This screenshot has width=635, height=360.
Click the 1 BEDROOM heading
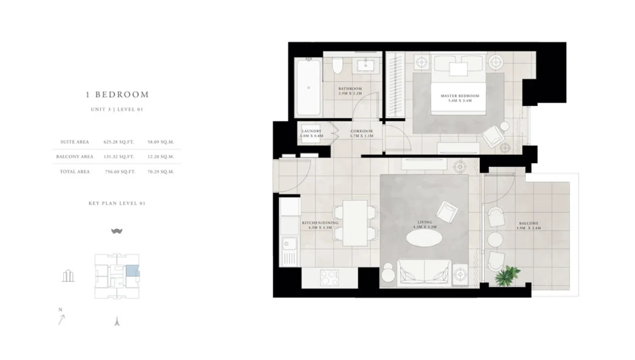tap(117, 95)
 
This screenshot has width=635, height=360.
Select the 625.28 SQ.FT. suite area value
tap(119, 142)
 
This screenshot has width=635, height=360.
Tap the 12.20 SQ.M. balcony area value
tap(161, 157)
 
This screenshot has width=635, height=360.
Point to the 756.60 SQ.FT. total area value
tap(119, 172)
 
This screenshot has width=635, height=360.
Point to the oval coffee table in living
tap(424, 238)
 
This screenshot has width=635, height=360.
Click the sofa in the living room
tap(424, 272)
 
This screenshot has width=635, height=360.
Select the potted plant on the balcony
tap(507, 275)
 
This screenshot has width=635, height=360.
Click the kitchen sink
tap(289, 245)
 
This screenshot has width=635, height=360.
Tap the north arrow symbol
tap(62, 319)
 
